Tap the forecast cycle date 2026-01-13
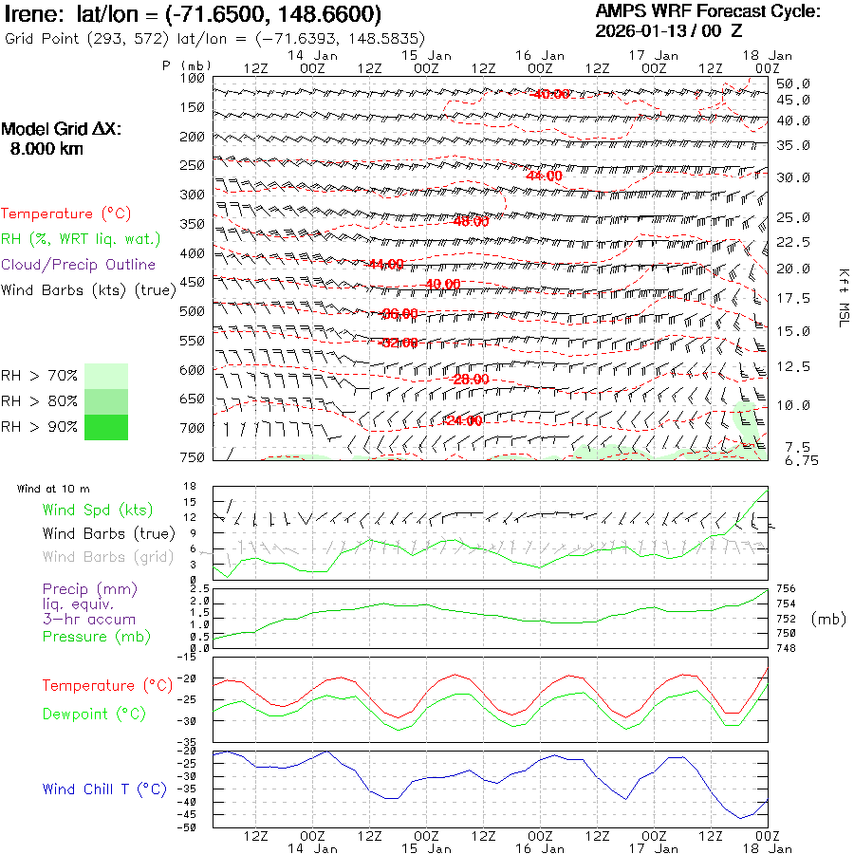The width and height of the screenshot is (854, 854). point(637,30)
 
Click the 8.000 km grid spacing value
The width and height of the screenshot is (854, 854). point(46,149)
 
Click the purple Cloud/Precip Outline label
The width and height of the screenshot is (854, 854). point(79,265)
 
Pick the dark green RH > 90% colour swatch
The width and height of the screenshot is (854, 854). point(106,427)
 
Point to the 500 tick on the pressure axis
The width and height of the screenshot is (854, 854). point(193,311)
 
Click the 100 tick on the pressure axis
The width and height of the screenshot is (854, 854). point(193,78)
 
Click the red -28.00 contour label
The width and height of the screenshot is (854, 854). point(470,380)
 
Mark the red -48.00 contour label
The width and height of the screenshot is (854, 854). point(470,221)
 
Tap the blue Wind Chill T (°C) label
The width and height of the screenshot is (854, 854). point(104,789)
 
